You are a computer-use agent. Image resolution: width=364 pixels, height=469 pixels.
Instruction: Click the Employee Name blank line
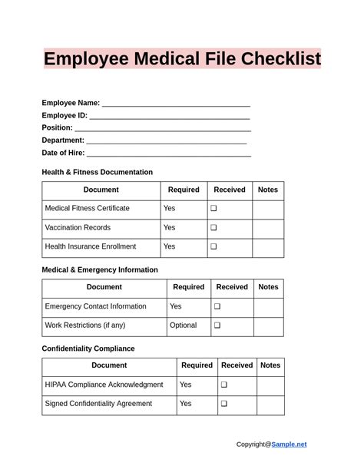click(x=176, y=104)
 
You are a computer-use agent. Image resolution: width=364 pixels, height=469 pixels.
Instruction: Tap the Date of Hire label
click(x=63, y=153)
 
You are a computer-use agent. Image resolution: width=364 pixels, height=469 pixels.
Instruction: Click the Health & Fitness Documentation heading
click(x=97, y=172)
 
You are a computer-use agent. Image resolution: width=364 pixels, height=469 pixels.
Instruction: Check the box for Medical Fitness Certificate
click(x=214, y=209)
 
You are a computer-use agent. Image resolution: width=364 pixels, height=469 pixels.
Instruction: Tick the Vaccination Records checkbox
click(x=214, y=228)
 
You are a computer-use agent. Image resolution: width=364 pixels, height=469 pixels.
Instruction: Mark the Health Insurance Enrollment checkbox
click(x=214, y=247)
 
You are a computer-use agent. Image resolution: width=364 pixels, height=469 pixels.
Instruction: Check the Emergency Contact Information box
click(x=217, y=307)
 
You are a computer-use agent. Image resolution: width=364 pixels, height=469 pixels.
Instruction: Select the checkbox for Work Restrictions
click(x=217, y=325)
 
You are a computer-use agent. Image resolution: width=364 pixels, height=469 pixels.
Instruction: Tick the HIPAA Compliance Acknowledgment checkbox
click(x=224, y=385)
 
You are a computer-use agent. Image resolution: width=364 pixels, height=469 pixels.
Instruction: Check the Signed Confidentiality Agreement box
click(x=224, y=404)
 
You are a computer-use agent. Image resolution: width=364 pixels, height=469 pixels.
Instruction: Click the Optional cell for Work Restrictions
click(x=183, y=325)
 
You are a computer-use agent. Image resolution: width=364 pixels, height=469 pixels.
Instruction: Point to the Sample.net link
click(x=289, y=444)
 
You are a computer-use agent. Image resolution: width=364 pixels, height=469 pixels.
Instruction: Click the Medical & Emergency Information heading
click(x=100, y=270)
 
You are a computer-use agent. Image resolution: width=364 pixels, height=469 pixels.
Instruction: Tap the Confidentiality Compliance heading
click(x=88, y=348)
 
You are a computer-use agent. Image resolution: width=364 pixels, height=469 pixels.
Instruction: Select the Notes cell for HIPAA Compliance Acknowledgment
click(x=270, y=385)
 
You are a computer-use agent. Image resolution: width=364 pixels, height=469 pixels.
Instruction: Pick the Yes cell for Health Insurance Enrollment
click(x=170, y=247)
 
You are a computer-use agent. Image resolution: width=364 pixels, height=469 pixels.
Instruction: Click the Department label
click(x=63, y=140)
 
